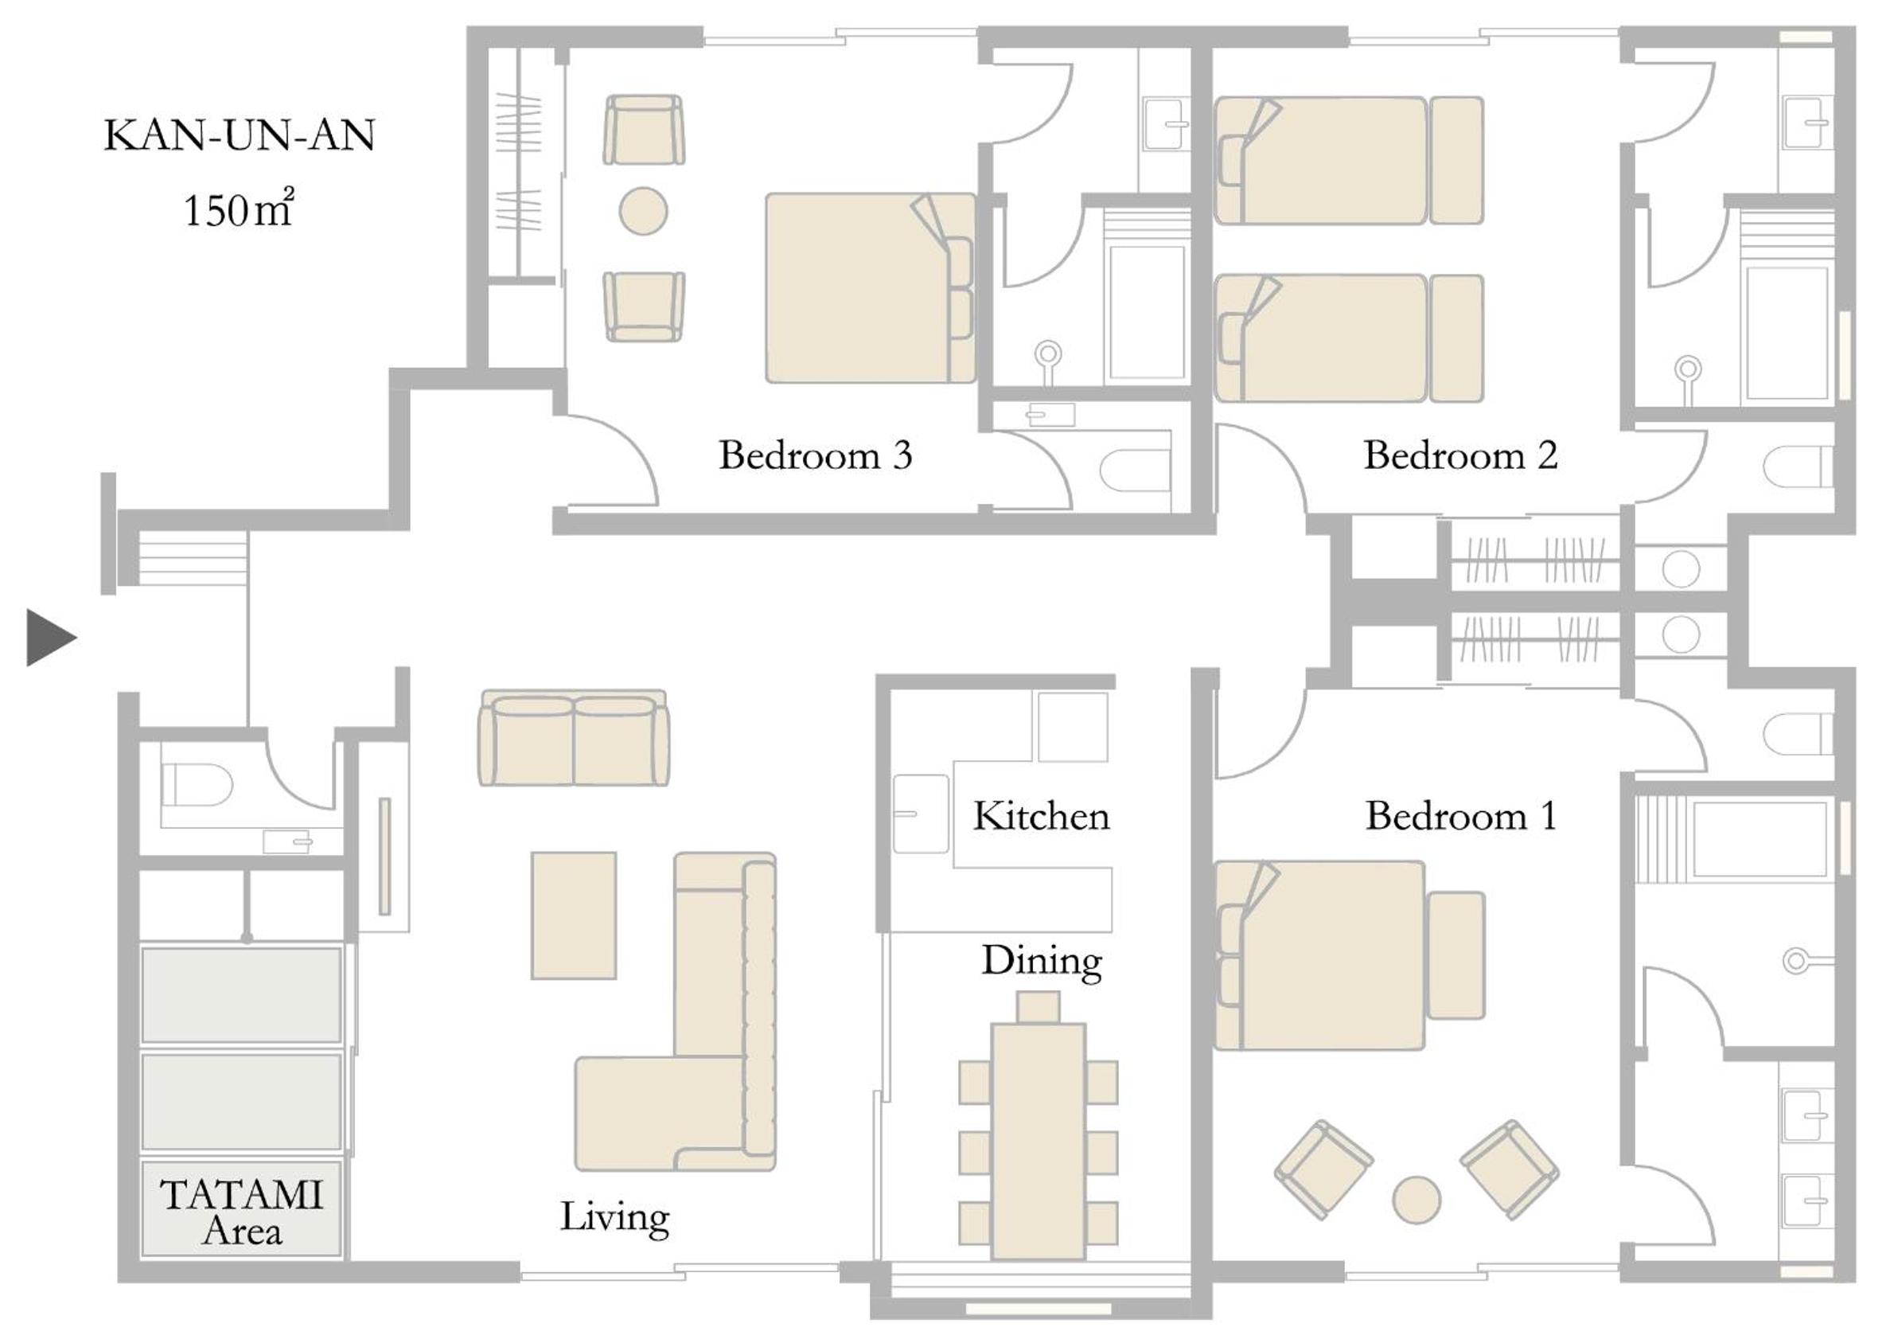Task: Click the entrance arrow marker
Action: tap(49, 638)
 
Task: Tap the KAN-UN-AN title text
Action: tap(240, 135)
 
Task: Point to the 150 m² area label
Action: tap(238, 209)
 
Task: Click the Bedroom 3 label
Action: tap(815, 455)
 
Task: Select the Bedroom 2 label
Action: tap(1460, 455)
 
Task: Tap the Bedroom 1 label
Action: tap(1460, 816)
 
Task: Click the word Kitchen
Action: tap(1041, 816)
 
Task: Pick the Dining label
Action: tap(1041, 962)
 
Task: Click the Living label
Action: tap(614, 1218)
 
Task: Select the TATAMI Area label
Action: tap(241, 1212)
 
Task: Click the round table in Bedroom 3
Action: tap(643, 211)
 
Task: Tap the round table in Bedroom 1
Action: tap(1417, 1200)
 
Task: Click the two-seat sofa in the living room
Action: tap(573, 739)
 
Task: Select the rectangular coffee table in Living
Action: tap(573, 915)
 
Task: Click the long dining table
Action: tap(1038, 1142)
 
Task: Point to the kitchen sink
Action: tap(921, 814)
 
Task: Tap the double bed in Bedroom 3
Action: tap(870, 288)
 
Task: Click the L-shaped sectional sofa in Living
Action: tap(676, 1012)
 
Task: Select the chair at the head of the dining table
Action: tap(1038, 1007)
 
